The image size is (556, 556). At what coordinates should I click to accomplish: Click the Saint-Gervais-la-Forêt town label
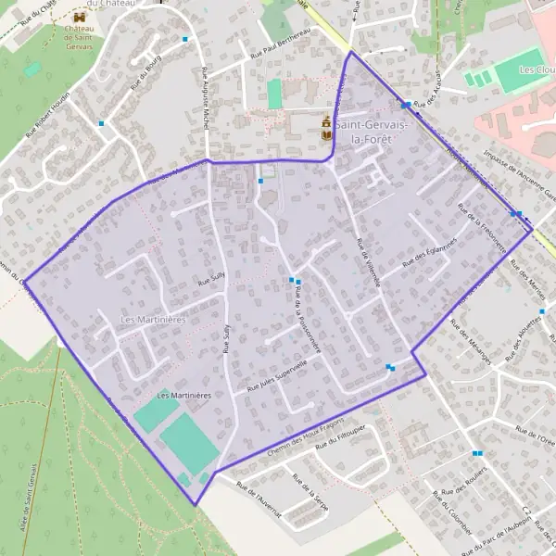(x=364, y=132)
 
